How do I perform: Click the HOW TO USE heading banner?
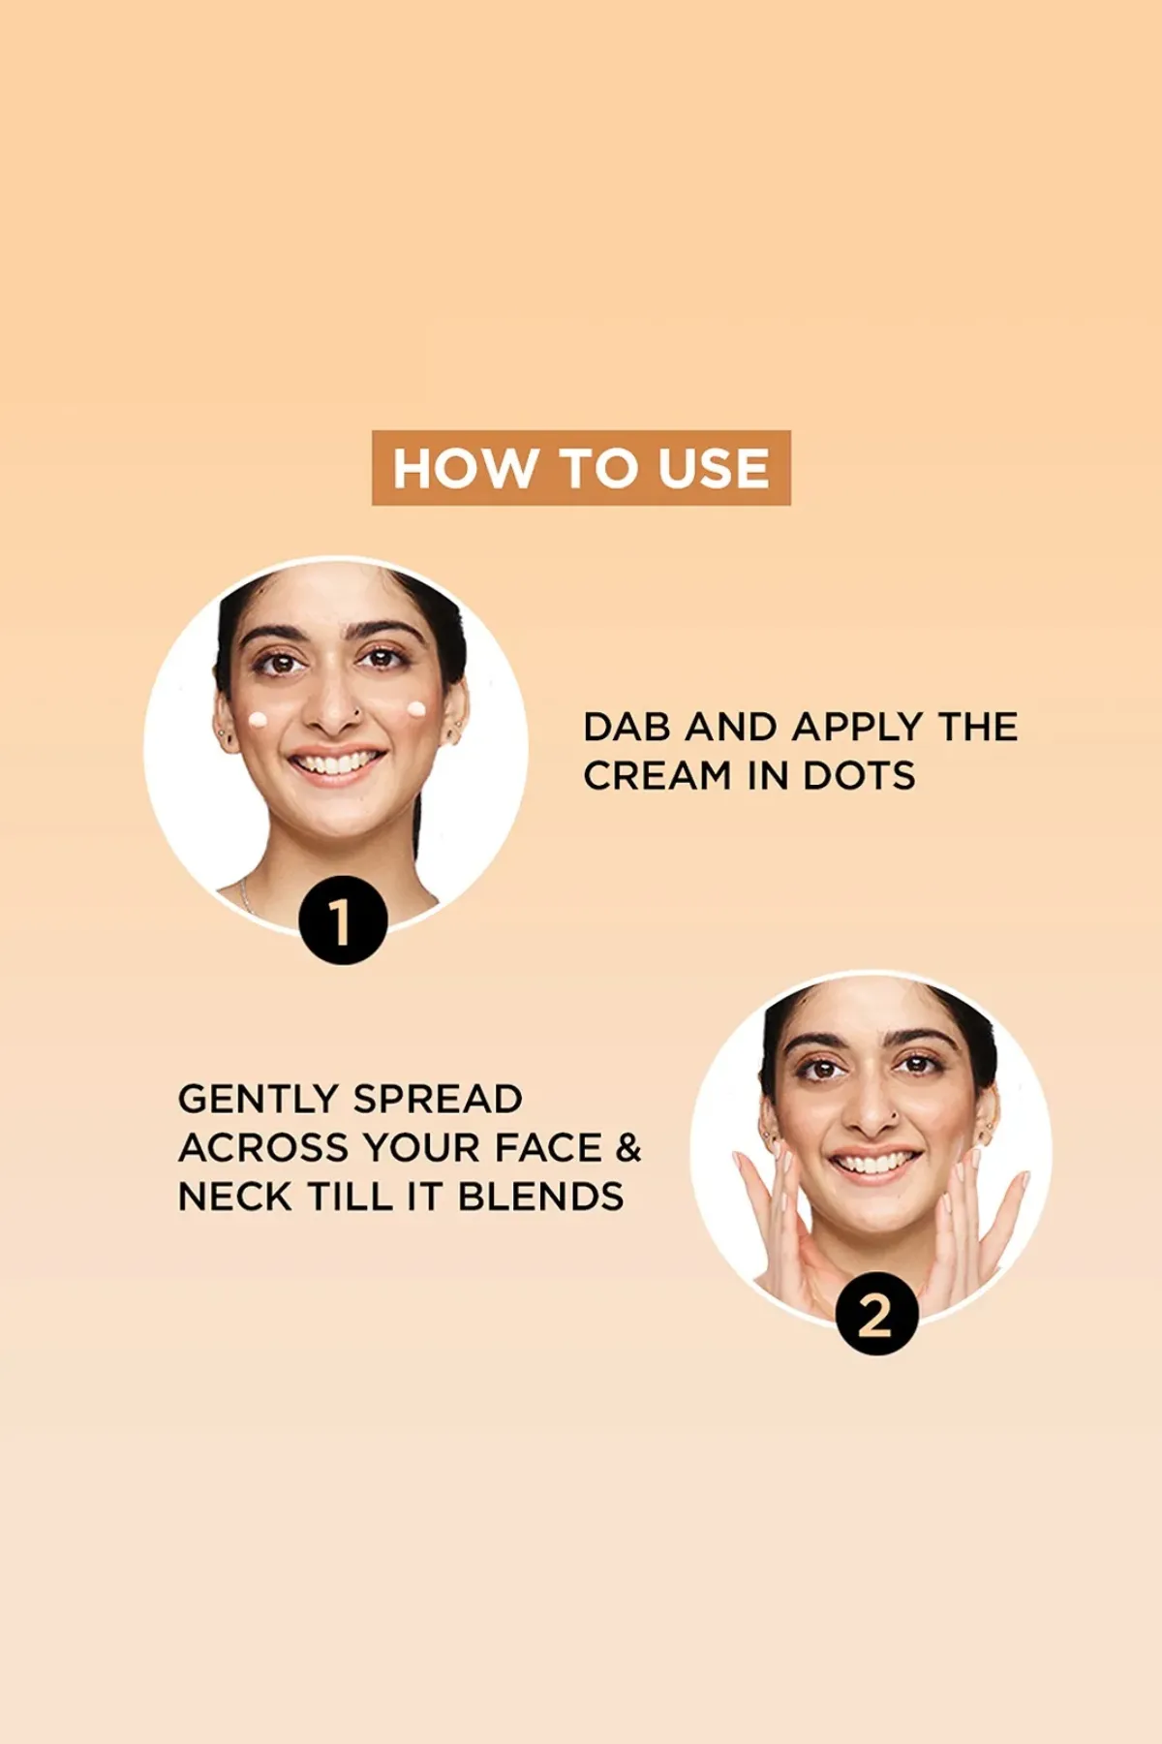click(x=581, y=468)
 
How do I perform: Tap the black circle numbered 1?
click(x=342, y=920)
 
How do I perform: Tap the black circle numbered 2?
click(x=877, y=1314)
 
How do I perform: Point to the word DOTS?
click(x=859, y=775)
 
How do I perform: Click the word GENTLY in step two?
click(x=257, y=1099)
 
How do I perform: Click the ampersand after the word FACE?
click(x=628, y=1147)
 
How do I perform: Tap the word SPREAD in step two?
click(x=438, y=1099)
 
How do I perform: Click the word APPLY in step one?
click(x=857, y=727)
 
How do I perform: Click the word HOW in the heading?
click(x=466, y=468)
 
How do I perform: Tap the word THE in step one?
click(x=978, y=727)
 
